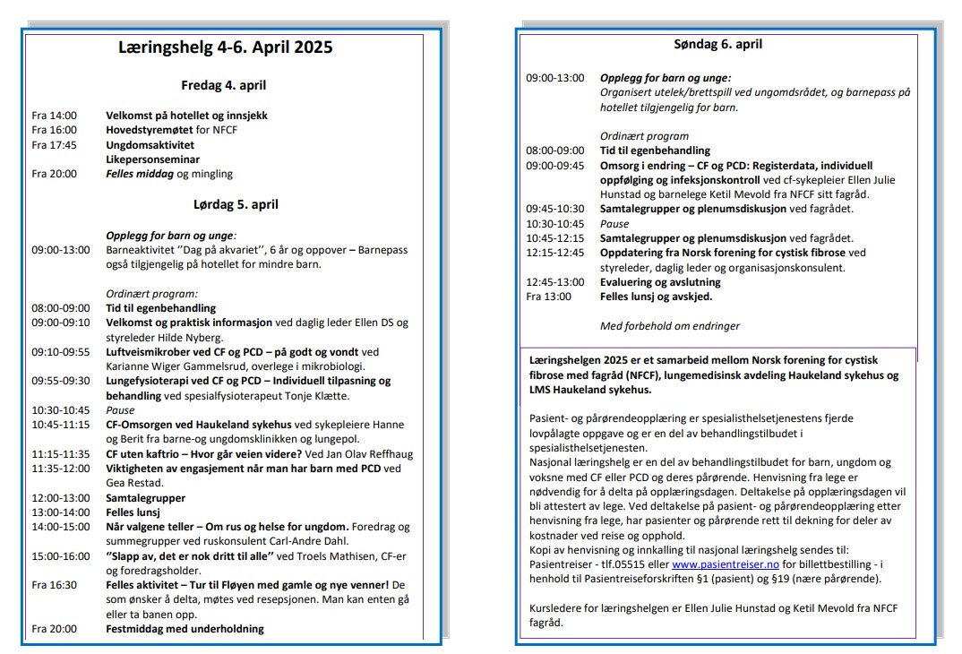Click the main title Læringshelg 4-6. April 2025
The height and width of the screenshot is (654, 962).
[225, 47]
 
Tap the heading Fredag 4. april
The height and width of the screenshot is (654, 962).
[224, 86]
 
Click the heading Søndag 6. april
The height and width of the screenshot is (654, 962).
[718, 44]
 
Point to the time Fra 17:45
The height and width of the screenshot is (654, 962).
[54, 144]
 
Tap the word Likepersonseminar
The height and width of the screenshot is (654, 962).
[152, 159]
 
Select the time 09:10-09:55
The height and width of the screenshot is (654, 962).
[61, 351]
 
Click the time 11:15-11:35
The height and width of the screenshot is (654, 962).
[61, 453]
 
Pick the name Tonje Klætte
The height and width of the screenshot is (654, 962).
[319, 396]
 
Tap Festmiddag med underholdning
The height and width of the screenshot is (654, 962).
[185, 629]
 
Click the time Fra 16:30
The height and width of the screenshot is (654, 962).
[54, 585]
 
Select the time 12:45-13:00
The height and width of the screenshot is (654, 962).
[554, 282]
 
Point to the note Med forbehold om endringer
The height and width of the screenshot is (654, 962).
[669, 326]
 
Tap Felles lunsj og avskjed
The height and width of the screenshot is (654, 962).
[656, 297]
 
